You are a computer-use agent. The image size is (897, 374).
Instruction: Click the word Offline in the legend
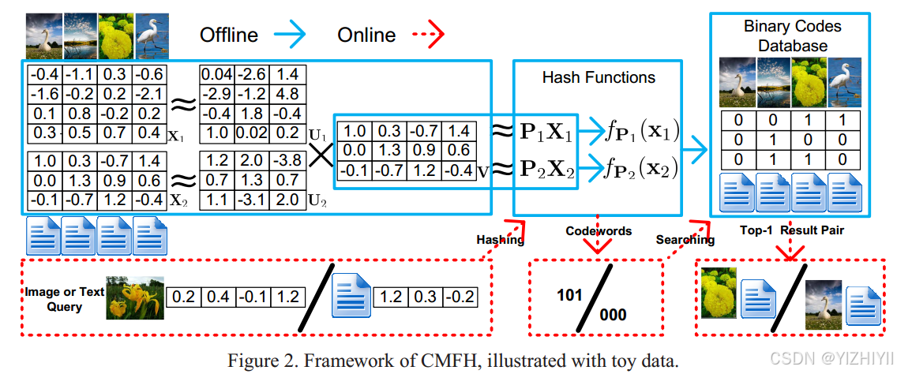(x=228, y=35)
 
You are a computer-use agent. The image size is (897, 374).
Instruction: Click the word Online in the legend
(x=366, y=35)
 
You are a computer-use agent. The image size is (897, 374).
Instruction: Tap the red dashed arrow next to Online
(x=427, y=35)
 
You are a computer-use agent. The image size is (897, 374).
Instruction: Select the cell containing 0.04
(x=217, y=74)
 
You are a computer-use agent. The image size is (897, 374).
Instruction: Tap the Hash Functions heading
(x=598, y=77)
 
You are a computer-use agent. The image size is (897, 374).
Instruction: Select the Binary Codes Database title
(x=792, y=36)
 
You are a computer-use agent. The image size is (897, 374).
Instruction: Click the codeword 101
(x=569, y=296)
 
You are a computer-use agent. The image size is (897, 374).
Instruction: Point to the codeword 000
(x=613, y=316)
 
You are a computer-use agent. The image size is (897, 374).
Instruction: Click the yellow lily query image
(x=135, y=297)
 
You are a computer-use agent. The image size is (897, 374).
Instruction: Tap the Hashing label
(x=500, y=239)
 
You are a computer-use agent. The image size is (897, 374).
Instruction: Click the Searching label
(x=685, y=239)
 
